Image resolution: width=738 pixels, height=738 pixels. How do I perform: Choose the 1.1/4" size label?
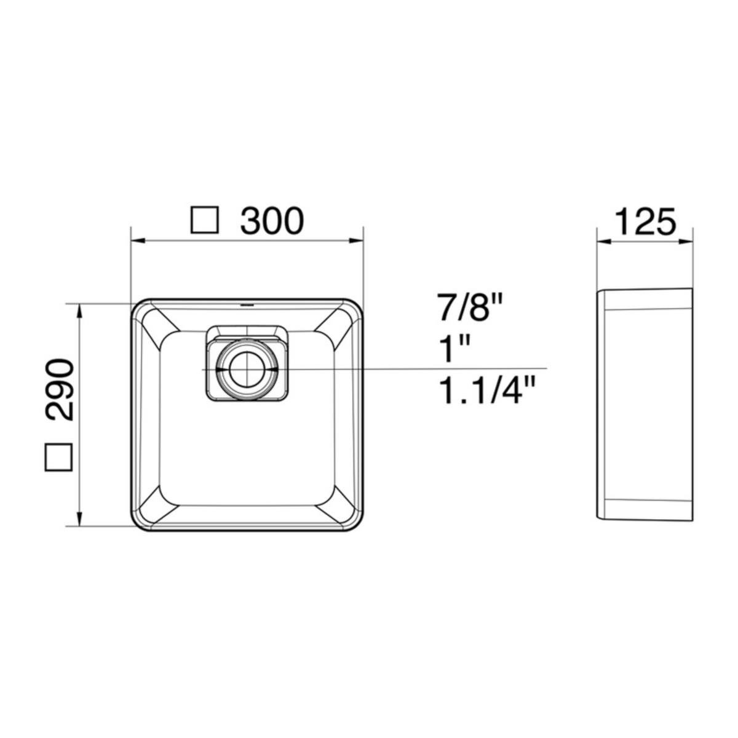click(487, 391)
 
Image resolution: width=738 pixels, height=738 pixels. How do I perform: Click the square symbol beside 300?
click(205, 220)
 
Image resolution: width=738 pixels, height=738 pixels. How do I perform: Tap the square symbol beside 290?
click(58, 458)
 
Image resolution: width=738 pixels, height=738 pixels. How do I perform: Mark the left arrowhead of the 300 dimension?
click(138, 241)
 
